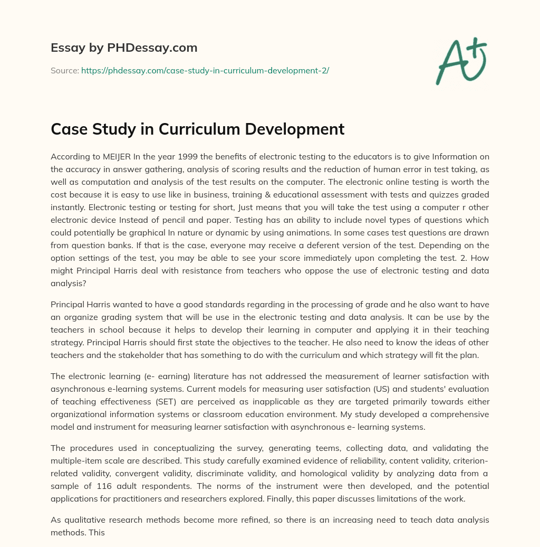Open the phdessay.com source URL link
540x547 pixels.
click(x=205, y=70)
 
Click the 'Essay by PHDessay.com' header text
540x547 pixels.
click(x=124, y=48)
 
